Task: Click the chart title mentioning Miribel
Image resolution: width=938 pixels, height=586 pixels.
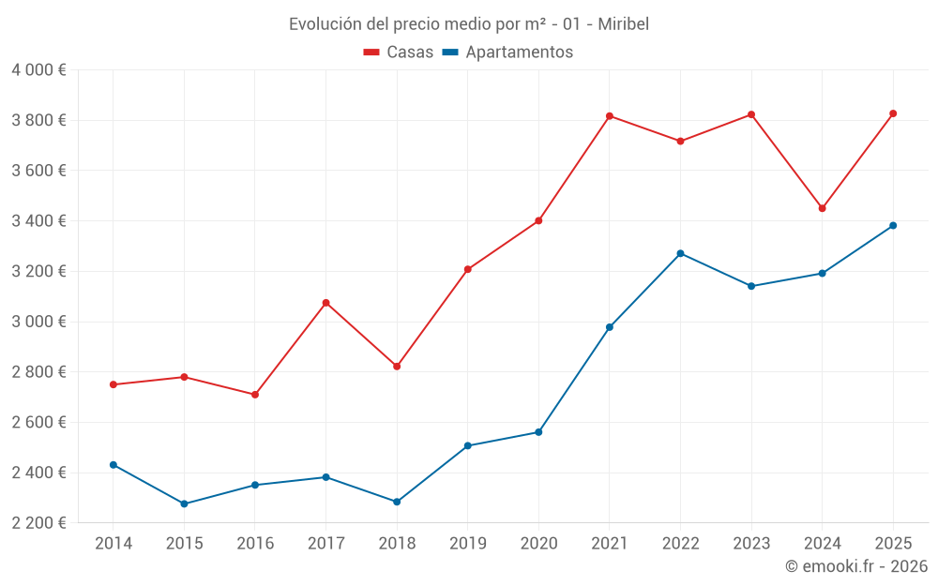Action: point(469,23)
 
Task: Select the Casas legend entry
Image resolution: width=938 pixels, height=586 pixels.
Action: point(399,53)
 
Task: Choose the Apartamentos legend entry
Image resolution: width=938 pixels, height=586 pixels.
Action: point(507,53)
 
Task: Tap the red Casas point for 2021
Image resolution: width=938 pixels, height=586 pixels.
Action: point(610,116)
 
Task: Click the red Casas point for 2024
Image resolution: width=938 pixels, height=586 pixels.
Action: point(823,208)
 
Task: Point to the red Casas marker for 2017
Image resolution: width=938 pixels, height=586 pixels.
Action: point(325,303)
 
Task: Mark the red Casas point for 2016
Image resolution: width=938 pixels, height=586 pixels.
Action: point(255,395)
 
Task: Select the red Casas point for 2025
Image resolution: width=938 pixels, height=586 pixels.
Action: point(893,113)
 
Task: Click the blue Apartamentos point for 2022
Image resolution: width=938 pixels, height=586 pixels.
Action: point(680,253)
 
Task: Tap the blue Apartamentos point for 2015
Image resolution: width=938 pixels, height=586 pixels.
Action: point(184,503)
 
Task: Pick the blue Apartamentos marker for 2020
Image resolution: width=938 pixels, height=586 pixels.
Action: point(538,432)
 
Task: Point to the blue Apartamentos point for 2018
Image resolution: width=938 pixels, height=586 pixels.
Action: point(397,502)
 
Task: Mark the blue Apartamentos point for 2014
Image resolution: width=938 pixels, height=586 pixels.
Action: point(113,465)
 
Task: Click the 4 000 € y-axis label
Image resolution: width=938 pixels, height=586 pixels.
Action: point(38,70)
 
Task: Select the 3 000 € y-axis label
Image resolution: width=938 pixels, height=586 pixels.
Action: point(38,322)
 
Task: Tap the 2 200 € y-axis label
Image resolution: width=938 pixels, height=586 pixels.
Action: point(38,523)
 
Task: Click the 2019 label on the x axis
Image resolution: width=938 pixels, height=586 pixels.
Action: point(467,543)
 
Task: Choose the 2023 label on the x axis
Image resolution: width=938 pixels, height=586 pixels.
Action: point(751,543)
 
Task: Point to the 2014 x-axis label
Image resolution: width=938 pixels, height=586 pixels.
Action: point(113,543)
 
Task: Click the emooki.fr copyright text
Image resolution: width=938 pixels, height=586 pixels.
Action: point(856,566)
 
